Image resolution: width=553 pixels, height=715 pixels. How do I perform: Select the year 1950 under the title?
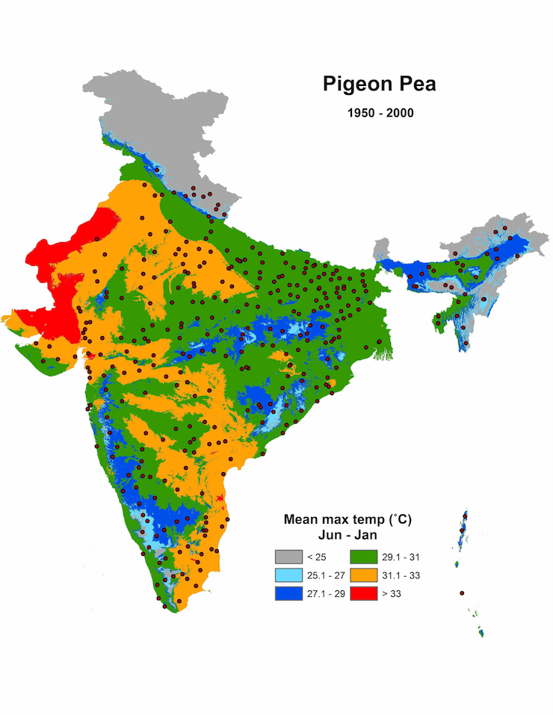coord(360,114)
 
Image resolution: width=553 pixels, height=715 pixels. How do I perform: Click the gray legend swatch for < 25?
coord(288,557)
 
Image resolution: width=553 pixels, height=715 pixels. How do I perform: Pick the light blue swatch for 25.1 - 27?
coord(288,575)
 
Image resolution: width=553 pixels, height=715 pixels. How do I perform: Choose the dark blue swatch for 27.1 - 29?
coord(288,593)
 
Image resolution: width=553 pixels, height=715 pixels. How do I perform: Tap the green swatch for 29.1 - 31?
coord(363,557)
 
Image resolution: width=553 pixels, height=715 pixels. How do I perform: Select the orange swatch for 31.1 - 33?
coord(363,575)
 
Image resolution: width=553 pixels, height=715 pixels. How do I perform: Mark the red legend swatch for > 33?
coord(363,593)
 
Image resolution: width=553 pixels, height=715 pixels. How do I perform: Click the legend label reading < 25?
coord(314,557)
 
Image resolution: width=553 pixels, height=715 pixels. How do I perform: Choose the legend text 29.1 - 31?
coord(399,557)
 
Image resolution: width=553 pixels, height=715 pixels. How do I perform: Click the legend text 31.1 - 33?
coord(399,575)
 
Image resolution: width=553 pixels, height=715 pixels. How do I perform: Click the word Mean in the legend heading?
coord(300,519)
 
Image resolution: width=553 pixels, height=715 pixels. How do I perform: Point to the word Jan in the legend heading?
coord(365,535)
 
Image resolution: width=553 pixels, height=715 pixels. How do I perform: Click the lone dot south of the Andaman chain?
coord(462,592)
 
